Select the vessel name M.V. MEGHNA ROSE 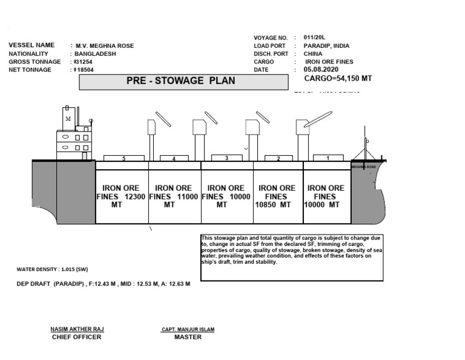104,46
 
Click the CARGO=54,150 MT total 338,79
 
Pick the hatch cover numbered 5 124,158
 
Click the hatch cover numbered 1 328,158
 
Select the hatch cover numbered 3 226,158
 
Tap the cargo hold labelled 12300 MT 122,196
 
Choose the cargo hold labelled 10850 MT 277,196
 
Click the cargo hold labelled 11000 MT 174,196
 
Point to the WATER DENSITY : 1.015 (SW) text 52,268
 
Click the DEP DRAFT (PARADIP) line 103,284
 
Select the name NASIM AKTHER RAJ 77,329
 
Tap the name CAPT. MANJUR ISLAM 188,329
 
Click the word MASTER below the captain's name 188,337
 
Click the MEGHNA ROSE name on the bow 364,167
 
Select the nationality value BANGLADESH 96,54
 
